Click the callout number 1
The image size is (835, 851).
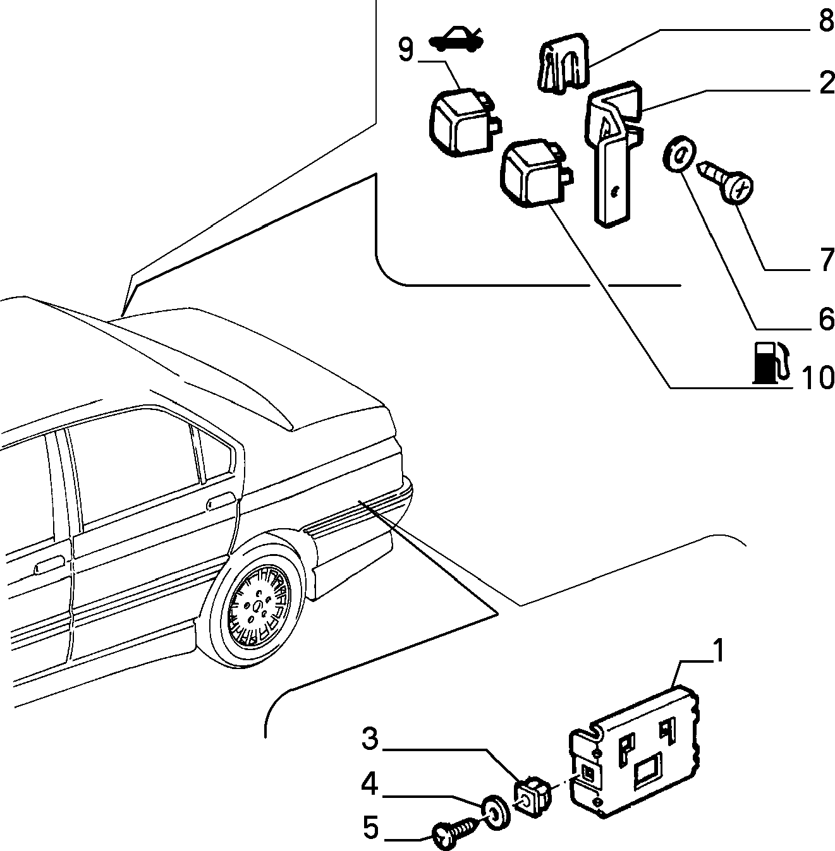pyautogui.click(x=718, y=651)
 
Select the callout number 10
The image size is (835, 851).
pyautogui.click(x=818, y=378)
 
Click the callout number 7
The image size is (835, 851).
pyautogui.click(x=826, y=260)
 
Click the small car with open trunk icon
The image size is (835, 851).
pyautogui.click(x=456, y=40)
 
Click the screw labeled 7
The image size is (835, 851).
pyautogui.click(x=725, y=181)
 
